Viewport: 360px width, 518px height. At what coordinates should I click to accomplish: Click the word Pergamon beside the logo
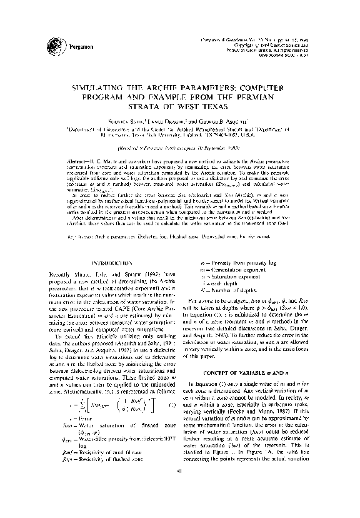pos(79,47)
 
